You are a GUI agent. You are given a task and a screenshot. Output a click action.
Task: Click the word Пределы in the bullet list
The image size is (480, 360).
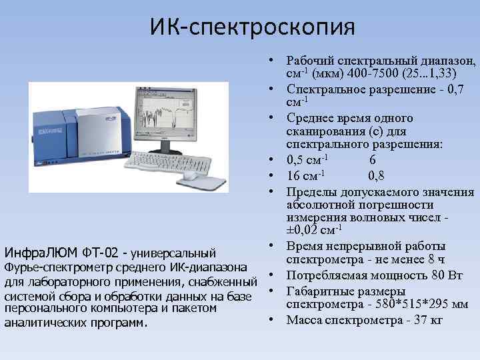(311, 192)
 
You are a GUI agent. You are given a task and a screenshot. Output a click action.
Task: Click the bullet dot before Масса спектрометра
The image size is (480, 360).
(274, 320)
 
